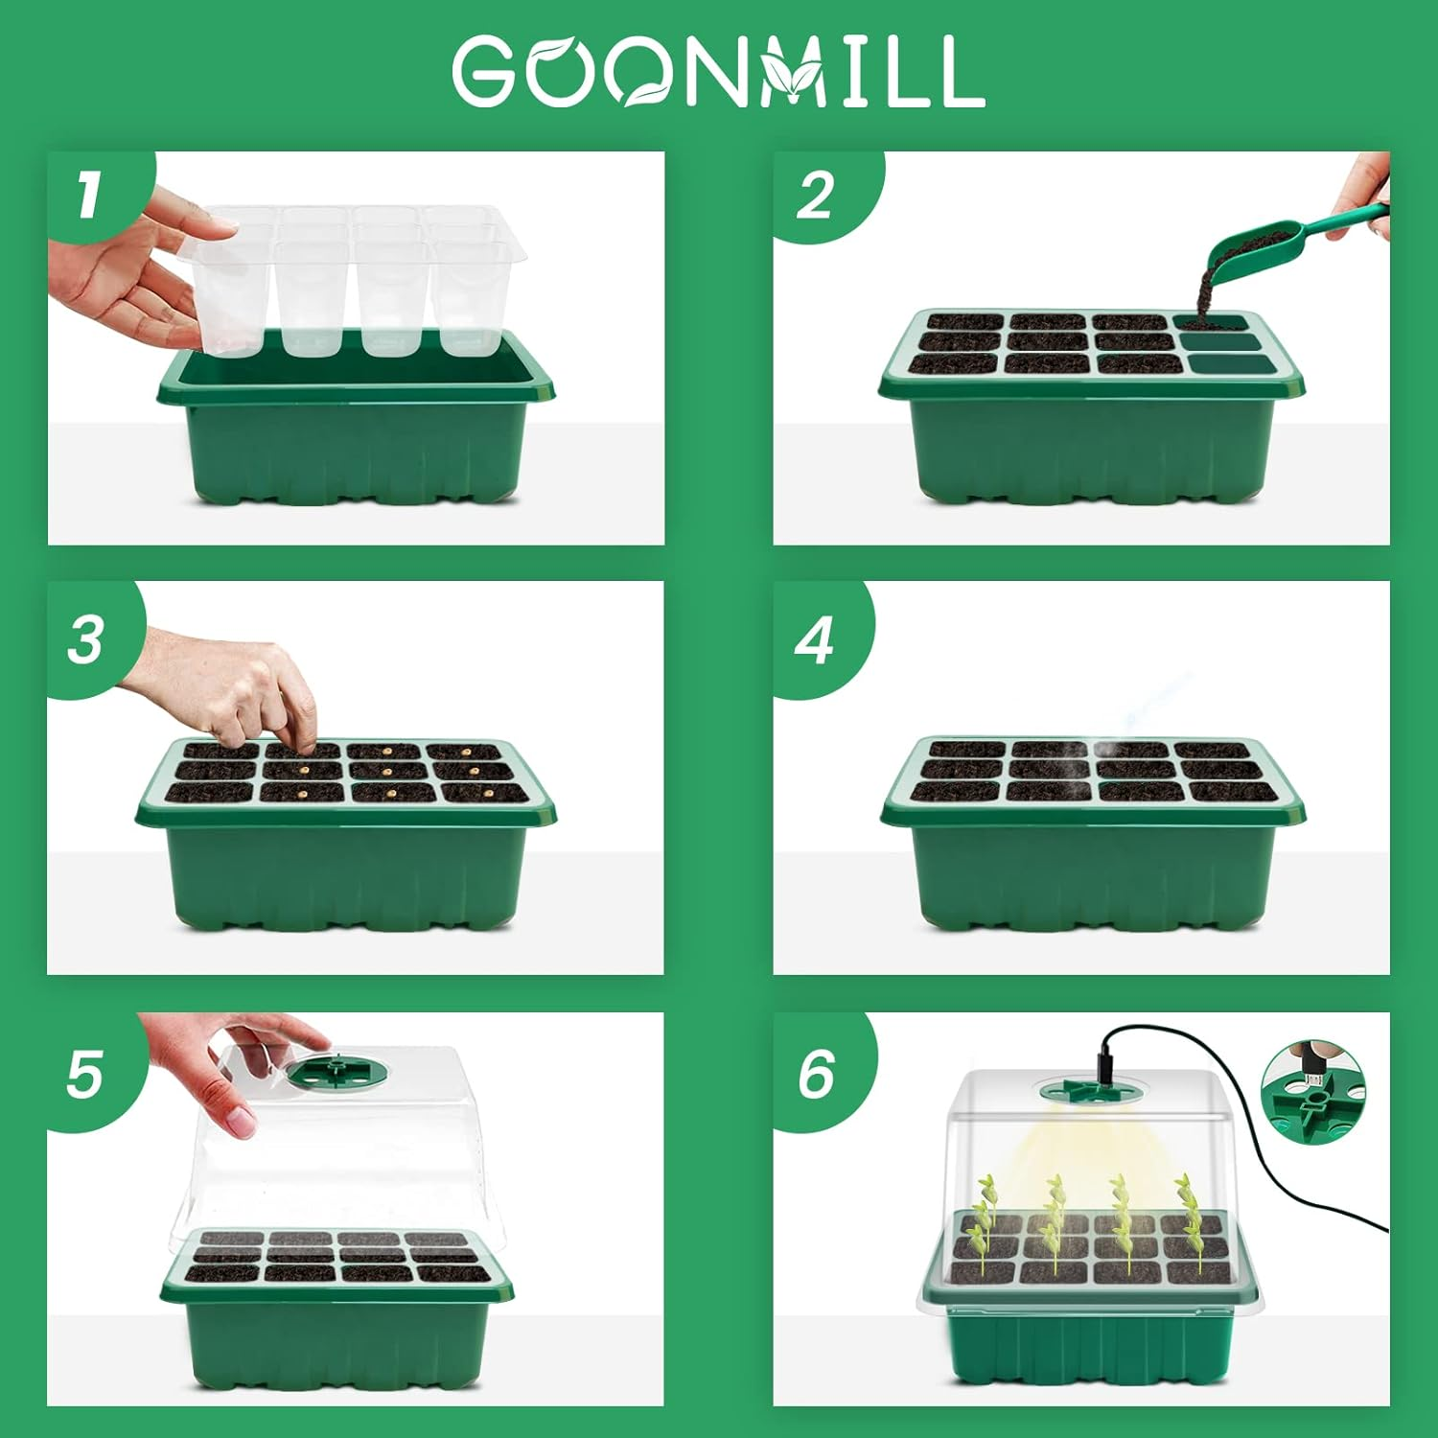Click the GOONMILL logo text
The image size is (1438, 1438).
pos(719,71)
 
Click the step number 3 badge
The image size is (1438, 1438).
pos(86,639)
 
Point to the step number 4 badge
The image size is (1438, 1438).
pos(814,639)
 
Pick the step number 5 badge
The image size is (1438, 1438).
pos(84,1073)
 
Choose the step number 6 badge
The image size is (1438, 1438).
pos(816,1073)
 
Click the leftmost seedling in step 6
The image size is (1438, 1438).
pos(983,1218)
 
